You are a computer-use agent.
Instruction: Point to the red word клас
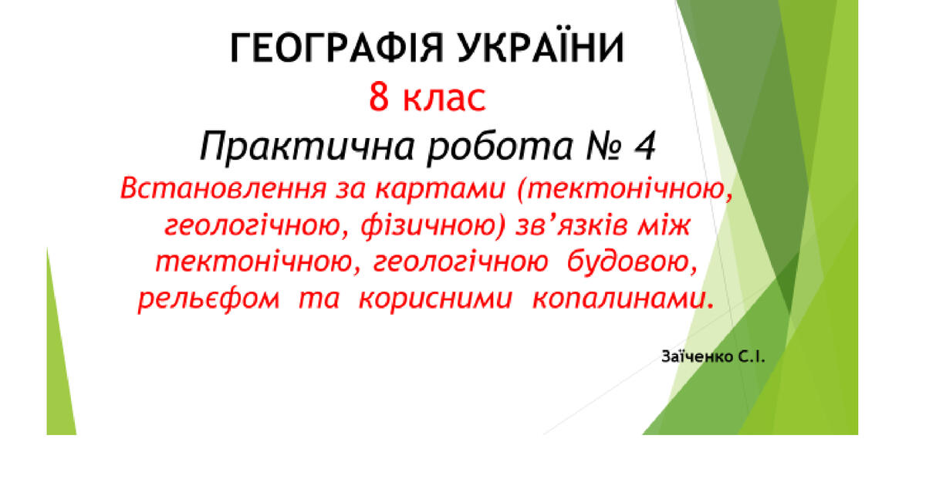coord(447,98)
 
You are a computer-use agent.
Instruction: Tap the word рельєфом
coord(208,301)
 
